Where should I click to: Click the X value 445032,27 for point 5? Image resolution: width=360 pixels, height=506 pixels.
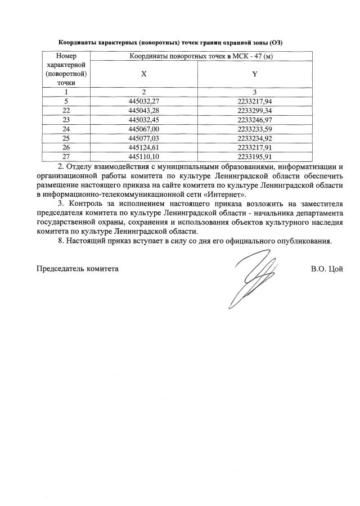point(144,101)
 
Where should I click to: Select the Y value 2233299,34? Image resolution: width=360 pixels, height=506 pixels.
point(255,111)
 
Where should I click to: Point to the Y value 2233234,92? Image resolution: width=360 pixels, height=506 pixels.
point(255,138)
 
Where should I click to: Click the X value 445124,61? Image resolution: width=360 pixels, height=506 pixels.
point(144,147)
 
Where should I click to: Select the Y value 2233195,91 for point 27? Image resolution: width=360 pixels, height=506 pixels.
point(255,157)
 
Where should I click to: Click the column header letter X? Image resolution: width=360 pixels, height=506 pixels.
point(144,73)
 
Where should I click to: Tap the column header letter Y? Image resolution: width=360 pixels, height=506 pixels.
point(255,73)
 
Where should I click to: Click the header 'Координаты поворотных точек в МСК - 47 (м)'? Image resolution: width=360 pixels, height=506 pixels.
point(201,56)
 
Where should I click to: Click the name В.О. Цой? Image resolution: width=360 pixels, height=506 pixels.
point(326,269)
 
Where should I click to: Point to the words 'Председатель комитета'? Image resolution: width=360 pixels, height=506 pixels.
point(78,269)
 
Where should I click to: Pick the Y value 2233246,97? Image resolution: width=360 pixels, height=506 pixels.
point(255,120)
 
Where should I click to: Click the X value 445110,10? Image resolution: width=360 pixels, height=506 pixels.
point(144,157)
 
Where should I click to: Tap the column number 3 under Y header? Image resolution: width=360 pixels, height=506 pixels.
point(255,92)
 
